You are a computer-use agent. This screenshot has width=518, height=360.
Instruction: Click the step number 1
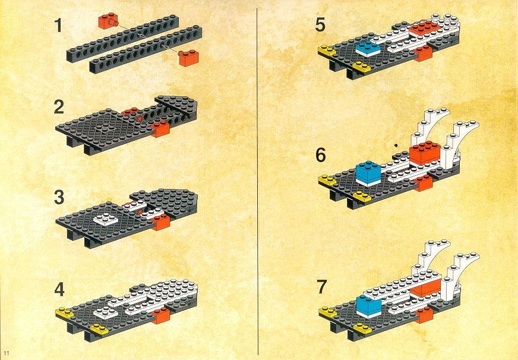(x=58, y=26)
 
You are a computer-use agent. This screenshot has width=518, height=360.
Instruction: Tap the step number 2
(x=59, y=107)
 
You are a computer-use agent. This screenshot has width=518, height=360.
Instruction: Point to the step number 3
(x=59, y=197)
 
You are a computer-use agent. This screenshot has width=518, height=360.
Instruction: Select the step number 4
(x=59, y=289)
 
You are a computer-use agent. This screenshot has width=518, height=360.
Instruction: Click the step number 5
(x=320, y=25)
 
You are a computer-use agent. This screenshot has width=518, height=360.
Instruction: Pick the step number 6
(x=320, y=155)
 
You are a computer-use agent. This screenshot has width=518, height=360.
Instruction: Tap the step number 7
(x=322, y=287)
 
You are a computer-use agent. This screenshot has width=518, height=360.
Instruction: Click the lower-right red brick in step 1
(x=188, y=58)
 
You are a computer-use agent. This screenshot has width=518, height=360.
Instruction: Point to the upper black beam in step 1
(x=122, y=38)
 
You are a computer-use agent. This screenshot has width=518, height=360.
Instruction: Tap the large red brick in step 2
(x=161, y=129)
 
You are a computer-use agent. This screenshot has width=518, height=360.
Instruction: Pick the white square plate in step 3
(x=106, y=219)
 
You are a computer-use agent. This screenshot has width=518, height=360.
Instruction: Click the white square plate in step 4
(x=106, y=312)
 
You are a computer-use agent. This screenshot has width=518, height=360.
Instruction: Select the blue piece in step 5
(x=368, y=49)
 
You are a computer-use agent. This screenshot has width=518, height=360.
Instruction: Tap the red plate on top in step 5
(x=424, y=28)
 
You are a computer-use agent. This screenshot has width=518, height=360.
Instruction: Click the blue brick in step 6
(x=368, y=173)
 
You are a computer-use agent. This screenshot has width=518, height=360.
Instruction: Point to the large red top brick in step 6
(x=425, y=152)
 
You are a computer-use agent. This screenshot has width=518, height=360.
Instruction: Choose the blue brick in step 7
(x=369, y=306)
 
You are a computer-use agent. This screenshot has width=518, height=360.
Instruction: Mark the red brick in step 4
(x=161, y=315)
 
